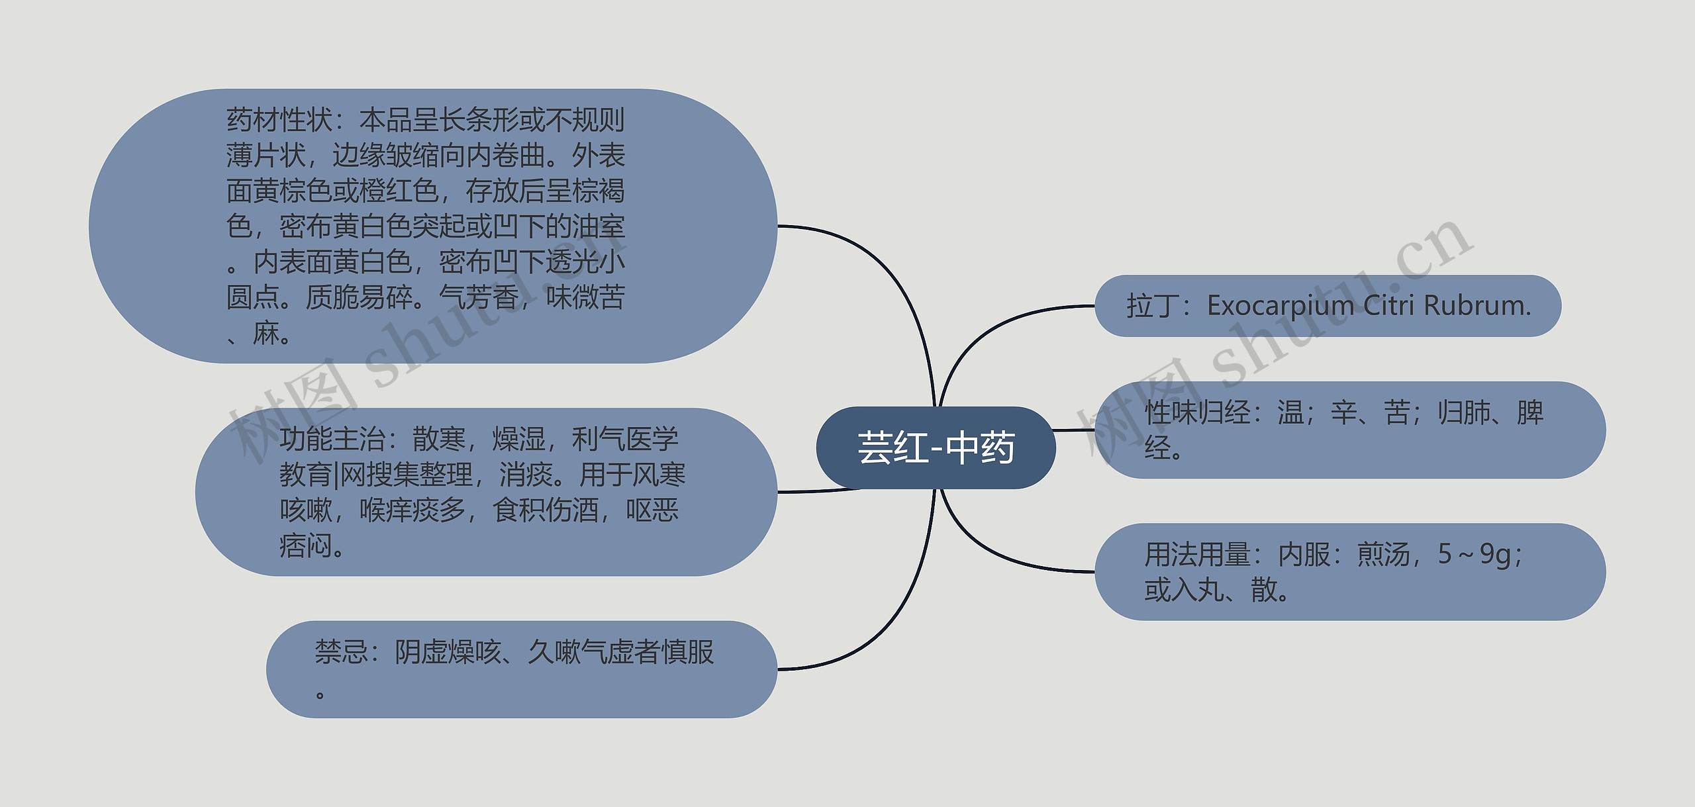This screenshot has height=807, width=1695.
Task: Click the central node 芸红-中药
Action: [x=936, y=448]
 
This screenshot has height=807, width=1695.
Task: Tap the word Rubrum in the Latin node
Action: [x=1476, y=306]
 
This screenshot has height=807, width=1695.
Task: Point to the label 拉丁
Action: [x=1153, y=307]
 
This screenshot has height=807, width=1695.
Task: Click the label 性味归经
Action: [x=1198, y=412]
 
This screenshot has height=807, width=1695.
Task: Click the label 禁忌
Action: [x=341, y=652]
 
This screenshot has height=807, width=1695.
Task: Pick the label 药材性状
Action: [x=279, y=120]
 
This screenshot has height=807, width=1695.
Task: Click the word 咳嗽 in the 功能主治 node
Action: [x=306, y=510]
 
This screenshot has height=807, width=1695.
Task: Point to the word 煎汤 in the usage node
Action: [x=1383, y=554]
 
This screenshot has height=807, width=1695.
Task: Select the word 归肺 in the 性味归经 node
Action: [x=1463, y=412]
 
